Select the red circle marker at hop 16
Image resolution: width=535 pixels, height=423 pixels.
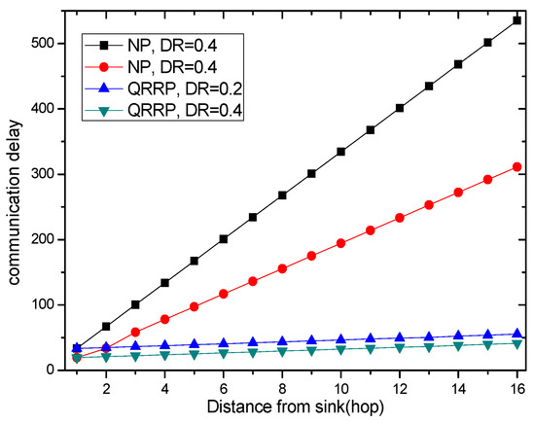[517, 166]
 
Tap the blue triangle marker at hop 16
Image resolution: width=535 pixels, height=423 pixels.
[517, 333]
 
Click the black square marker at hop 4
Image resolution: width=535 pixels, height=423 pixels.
[164, 282]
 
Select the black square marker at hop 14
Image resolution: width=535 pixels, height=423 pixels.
[458, 64]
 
